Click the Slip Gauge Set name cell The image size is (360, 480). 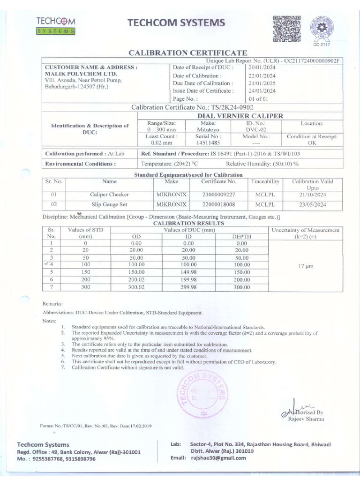[109, 205]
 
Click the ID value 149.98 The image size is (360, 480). [188, 271]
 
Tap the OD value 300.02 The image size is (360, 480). [136, 287]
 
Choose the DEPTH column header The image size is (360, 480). [241, 238]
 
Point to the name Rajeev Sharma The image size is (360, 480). [305, 419]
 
